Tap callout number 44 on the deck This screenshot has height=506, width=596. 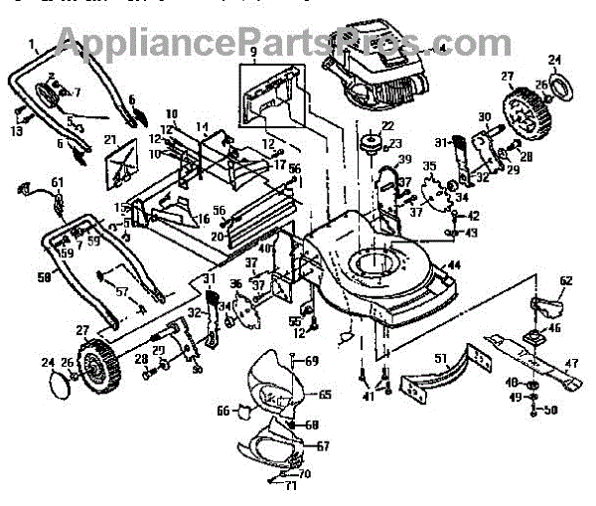point(452,265)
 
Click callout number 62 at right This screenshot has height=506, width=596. point(565,281)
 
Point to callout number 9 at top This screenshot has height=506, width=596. point(253,51)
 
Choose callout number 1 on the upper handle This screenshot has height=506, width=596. point(33,45)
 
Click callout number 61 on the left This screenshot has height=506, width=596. point(57,182)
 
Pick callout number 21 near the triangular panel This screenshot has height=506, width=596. point(111,141)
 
